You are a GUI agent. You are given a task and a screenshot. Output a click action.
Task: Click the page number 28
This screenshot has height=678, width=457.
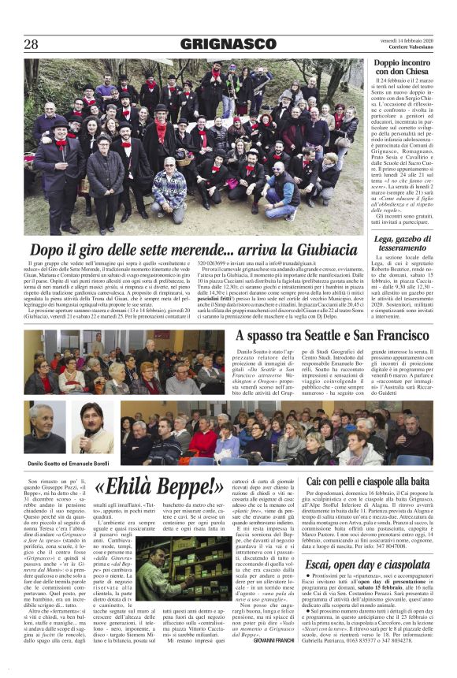31,44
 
